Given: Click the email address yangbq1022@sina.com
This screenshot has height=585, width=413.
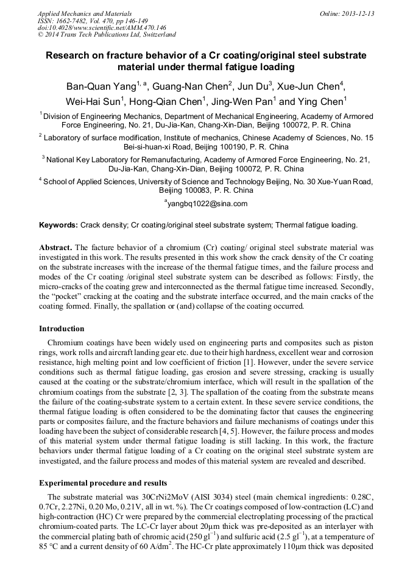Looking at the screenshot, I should click(x=207, y=204).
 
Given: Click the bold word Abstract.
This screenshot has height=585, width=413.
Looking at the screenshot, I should click(x=55, y=248).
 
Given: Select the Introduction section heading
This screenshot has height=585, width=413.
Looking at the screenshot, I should click(x=62, y=329).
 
